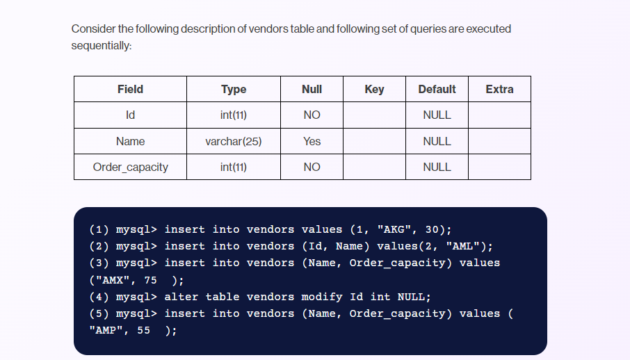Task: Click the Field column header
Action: (x=130, y=89)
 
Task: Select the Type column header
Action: (x=234, y=89)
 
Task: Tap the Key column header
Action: (x=374, y=89)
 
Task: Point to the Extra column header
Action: (x=499, y=89)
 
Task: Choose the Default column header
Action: (x=437, y=89)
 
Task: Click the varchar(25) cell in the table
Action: (x=234, y=141)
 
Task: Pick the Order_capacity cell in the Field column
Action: (x=130, y=167)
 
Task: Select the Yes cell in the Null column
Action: (x=312, y=141)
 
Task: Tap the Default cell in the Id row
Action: (x=437, y=115)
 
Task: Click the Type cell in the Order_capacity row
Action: (x=234, y=167)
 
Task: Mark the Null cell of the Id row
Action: (x=312, y=115)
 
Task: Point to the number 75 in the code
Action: (x=150, y=280)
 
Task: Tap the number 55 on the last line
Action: (x=143, y=331)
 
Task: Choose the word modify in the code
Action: (x=322, y=297)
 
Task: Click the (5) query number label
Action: (x=99, y=313)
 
